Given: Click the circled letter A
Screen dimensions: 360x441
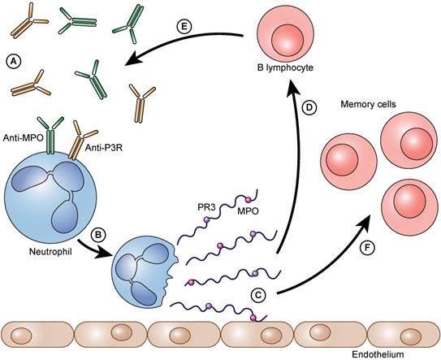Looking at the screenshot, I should coord(12,60).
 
